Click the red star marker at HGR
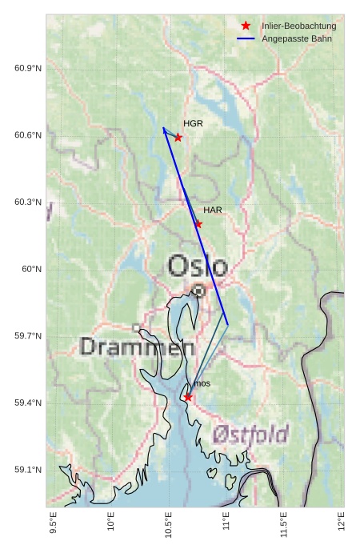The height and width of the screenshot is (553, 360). pos(178,138)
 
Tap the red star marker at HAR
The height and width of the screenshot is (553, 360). pos(198,224)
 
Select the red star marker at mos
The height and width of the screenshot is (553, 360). pos(187,397)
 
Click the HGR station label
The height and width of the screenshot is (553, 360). pos(193,124)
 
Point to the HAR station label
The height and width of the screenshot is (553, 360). pos(213,210)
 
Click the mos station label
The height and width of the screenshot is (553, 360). pos(202,384)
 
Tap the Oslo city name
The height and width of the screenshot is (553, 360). pos(198,266)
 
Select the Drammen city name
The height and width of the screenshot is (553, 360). pos(138,347)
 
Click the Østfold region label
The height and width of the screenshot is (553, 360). pos(250,435)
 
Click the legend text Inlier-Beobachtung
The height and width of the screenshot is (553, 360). pos(298,26)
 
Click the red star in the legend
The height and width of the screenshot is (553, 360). pos(246,26)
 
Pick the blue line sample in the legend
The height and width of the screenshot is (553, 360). pos(246,38)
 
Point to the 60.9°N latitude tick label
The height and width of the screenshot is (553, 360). pos(28,68)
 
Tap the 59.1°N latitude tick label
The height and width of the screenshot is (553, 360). pos(28,470)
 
